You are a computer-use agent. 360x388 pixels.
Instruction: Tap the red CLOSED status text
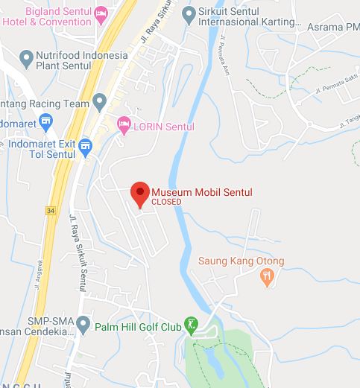pyautogui.click(x=166, y=202)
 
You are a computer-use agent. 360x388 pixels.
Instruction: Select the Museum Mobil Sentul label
pyautogui.click(x=201, y=192)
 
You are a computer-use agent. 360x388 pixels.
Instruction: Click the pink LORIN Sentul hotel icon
pyautogui.click(x=124, y=126)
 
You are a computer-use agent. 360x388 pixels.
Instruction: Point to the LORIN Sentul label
pyautogui.click(x=163, y=127)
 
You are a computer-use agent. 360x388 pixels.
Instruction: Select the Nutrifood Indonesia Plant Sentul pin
pyautogui.click(x=27, y=57)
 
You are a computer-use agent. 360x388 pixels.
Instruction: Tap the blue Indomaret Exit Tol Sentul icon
pyautogui.click(x=86, y=144)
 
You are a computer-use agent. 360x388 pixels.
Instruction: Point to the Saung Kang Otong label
pyautogui.click(x=241, y=261)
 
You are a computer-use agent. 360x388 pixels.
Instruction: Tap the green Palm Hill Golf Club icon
pyautogui.click(x=192, y=325)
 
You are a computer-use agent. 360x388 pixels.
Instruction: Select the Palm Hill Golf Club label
pyautogui.click(x=138, y=325)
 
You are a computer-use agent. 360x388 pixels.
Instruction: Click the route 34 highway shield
pyautogui.click(x=51, y=211)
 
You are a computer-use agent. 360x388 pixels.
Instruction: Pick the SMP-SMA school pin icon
pyautogui.click(x=83, y=325)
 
